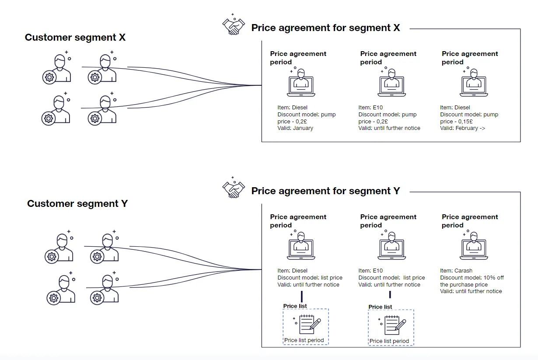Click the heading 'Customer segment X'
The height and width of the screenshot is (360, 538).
pyautogui.click(x=75, y=37)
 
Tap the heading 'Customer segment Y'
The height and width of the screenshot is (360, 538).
pyautogui.click(x=77, y=204)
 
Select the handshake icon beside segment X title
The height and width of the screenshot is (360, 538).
pyautogui.click(x=234, y=25)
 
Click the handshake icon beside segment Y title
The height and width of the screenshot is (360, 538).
pyautogui.click(x=234, y=188)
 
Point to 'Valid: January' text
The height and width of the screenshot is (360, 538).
pyautogui.click(x=295, y=128)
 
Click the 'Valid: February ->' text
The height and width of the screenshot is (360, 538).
pyautogui.click(x=463, y=128)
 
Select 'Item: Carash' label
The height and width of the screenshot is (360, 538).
pyautogui.click(x=456, y=271)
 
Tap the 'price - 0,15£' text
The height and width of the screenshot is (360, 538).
pyautogui.click(x=456, y=122)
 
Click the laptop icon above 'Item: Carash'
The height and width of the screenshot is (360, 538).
pyautogui.click(x=474, y=246)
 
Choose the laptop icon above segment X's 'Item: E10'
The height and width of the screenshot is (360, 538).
pyautogui.click(x=391, y=83)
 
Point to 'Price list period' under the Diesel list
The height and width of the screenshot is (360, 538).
pyautogui.click(x=304, y=340)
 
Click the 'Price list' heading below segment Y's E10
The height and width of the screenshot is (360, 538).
pyautogui.click(x=380, y=307)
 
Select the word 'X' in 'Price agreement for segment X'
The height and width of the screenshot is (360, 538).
pyautogui.click(x=397, y=28)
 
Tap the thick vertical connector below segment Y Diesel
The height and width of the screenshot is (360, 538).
pyautogui.click(x=302, y=297)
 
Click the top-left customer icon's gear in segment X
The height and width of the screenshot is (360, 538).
pyautogui.click(x=49, y=77)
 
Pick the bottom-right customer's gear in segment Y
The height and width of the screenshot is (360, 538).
pyautogui.click(x=97, y=298)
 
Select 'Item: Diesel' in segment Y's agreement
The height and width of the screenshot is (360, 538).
pyautogui.click(x=292, y=271)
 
